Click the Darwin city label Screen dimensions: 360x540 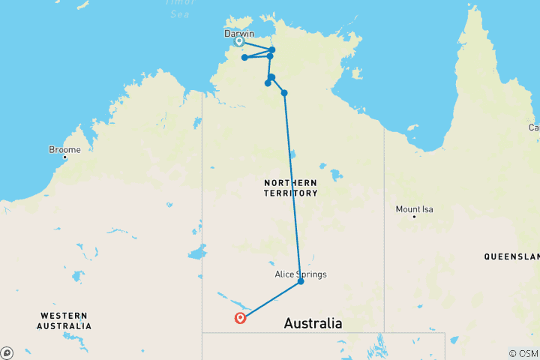click(239, 34)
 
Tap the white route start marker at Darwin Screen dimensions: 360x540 click(239, 41)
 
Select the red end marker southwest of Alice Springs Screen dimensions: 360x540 click(240, 318)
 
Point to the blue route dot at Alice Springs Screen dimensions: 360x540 click(301, 282)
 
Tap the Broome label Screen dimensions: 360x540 click(64, 149)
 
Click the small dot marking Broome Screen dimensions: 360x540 click(65, 157)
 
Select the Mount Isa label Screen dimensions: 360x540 click(415, 209)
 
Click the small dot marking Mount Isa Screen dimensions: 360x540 click(414, 217)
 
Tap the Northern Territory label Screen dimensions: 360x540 click(290, 187)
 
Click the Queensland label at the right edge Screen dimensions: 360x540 click(511, 256)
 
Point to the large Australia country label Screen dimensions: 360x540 click(313, 324)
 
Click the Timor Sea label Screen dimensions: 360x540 click(179, 7)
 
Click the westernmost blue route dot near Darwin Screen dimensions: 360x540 click(244, 57)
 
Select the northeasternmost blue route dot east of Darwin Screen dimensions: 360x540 click(272, 49)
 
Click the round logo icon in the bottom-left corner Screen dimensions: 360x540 click(7, 352)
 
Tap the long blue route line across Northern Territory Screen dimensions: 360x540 click(292, 187)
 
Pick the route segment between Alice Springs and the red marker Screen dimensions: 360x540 click(270, 300)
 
